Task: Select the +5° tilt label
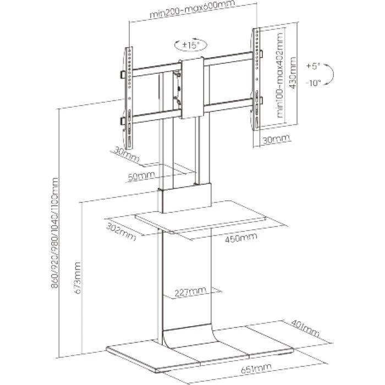(x=313, y=66)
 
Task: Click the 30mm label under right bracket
(x=274, y=141)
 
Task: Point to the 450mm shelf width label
(x=240, y=237)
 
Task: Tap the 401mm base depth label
(x=306, y=330)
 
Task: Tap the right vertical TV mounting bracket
(x=255, y=81)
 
